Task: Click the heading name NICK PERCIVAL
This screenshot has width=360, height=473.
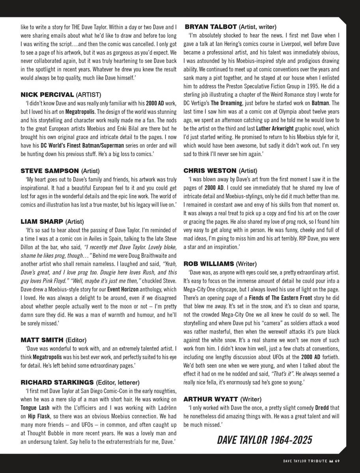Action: tap(47, 95)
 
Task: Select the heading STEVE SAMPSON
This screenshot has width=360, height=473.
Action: tap(50, 171)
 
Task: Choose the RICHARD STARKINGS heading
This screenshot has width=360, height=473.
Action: tap(58, 382)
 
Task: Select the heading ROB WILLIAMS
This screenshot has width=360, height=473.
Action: tap(209, 263)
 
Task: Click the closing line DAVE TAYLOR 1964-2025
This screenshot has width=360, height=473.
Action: tap(265, 439)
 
